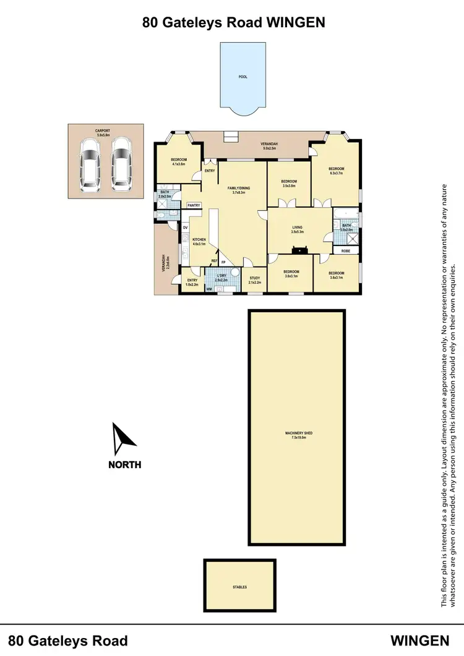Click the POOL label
click(x=243, y=78)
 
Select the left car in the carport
click(x=90, y=164)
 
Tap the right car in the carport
click(x=121, y=164)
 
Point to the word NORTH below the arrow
click(x=125, y=465)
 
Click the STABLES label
click(x=239, y=587)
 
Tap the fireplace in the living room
click(x=301, y=250)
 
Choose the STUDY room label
click(x=254, y=278)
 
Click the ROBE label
click(x=346, y=250)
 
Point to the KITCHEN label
click(x=199, y=240)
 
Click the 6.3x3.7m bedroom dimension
click(x=336, y=174)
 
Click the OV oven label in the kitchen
click(x=185, y=227)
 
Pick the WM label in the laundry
click(x=209, y=289)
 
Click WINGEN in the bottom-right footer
click(x=419, y=640)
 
